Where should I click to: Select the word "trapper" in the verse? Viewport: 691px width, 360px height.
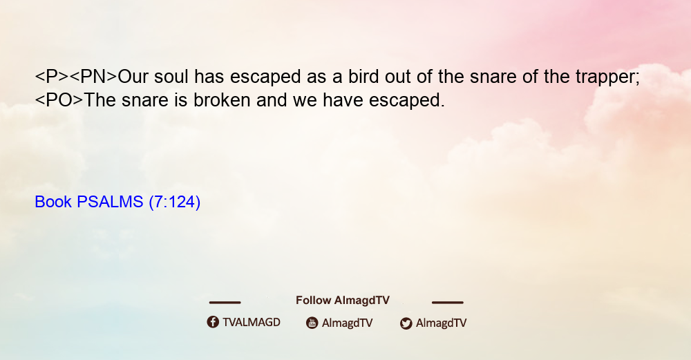[605, 78]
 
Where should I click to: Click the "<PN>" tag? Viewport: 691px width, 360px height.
[94, 77]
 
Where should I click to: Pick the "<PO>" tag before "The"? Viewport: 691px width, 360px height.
[59, 100]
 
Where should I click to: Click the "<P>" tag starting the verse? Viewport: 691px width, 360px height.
[52, 77]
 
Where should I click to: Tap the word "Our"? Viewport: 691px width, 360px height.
[133, 77]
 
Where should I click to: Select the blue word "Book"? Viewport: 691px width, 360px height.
[53, 202]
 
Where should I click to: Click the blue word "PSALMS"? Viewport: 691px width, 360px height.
[110, 202]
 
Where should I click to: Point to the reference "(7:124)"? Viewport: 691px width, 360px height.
[175, 202]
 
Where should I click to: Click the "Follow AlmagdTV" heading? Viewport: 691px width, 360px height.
[343, 301]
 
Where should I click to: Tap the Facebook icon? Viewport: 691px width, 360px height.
[213, 322]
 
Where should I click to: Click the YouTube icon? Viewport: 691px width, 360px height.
[312, 323]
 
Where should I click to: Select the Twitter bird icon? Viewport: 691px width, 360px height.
[406, 323]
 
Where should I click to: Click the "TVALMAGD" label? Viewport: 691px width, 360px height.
[252, 323]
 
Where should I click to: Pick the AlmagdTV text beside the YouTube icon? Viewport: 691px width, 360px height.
[348, 323]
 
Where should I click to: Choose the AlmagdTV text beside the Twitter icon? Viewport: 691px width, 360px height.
[441, 323]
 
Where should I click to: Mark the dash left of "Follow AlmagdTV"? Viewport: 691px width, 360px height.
[225, 303]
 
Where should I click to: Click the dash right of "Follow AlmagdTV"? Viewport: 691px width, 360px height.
[448, 303]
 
